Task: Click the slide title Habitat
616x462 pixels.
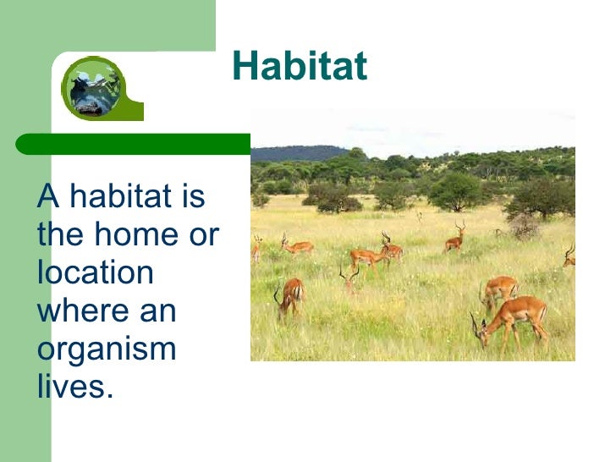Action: click(x=300, y=67)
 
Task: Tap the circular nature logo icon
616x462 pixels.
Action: click(x=93, y=87)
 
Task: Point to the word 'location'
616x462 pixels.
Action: click(x=95, y=272)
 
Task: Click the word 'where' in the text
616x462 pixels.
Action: click(x=79, y=311)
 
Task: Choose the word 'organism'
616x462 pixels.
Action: click(x=106, y=349)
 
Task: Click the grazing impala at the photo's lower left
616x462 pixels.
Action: click(x=290, y=296)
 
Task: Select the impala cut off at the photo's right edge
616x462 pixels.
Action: click(x=569, y=256)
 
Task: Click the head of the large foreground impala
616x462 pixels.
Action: click(x=481, y=333)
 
